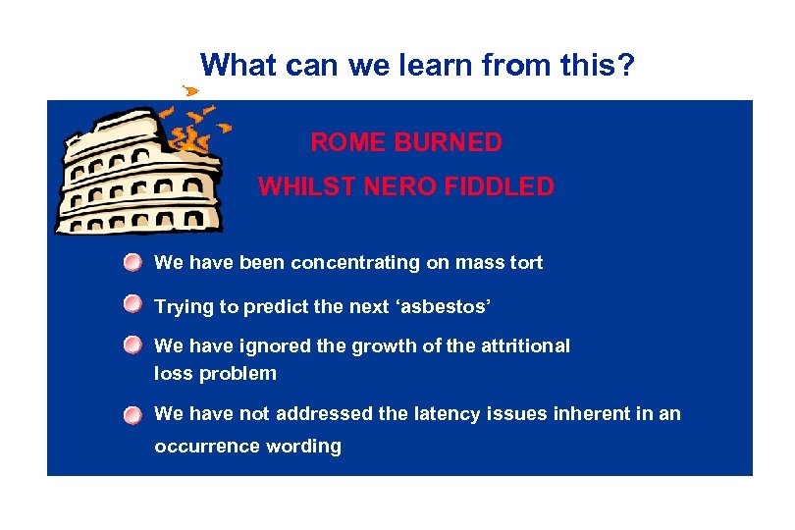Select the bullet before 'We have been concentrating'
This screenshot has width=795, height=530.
(x=132, y=263)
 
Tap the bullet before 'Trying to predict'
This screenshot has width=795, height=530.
(x=132, y=306)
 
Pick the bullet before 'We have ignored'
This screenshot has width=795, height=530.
(x=132, y=345)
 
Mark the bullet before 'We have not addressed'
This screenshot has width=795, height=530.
(x=132, y=415)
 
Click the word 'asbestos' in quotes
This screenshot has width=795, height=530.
(x=447, y=307)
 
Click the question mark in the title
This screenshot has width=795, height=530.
(x=626, y=66)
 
